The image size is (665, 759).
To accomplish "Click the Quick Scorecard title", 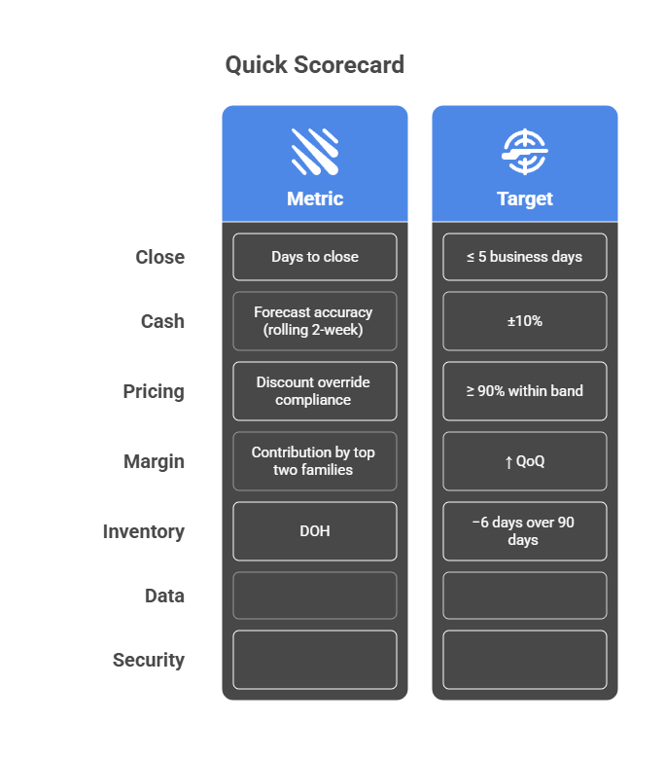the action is pyautogui.click(x=314, y=65).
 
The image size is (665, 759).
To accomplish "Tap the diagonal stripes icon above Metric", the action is pyautogui.click(x=314, y=152).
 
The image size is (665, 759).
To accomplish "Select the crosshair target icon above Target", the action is pyautogui.click(x=524, y=152).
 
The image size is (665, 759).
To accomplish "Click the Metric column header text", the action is pyautogui.click(x=314, y=199).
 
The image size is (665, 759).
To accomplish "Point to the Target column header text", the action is pyautogui.click(x=524, y=199).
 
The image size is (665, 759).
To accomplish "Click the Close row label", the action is pyautogui.click(x=159, y=257).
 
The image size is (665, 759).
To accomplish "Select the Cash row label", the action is pyautogui.click(x=162, y=321).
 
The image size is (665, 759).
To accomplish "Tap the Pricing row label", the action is pyautogui.click(x=154, y=391).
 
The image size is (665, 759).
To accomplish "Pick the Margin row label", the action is pyautogui.click(x=154, y=461).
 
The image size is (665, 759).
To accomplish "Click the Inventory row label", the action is pyautogui.click(x=144, y=531).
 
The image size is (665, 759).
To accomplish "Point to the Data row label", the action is pyautogui.click(x=164, y=596).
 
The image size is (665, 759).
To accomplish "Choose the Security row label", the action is pyautogui.click(x=149, y=660).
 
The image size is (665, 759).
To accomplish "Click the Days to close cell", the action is pyautogui.click(x=314, y=257).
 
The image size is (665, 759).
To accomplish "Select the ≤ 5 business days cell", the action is pyautogui.click(x=524, y=257).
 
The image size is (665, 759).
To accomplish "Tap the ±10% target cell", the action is pyautogui.click(x=524, y=321).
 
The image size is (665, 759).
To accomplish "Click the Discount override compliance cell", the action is pyautogui.click(x=314, y=391).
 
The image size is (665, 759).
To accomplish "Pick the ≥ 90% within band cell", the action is pyautogui.click(x=524, y=391).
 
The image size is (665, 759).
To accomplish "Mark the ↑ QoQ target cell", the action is pyautogui.click(x=524, y=461).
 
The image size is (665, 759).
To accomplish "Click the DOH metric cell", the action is pyautogui.click(x=314, y=531).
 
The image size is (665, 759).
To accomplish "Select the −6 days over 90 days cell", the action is pyautogui.click(x=524, y=531).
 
